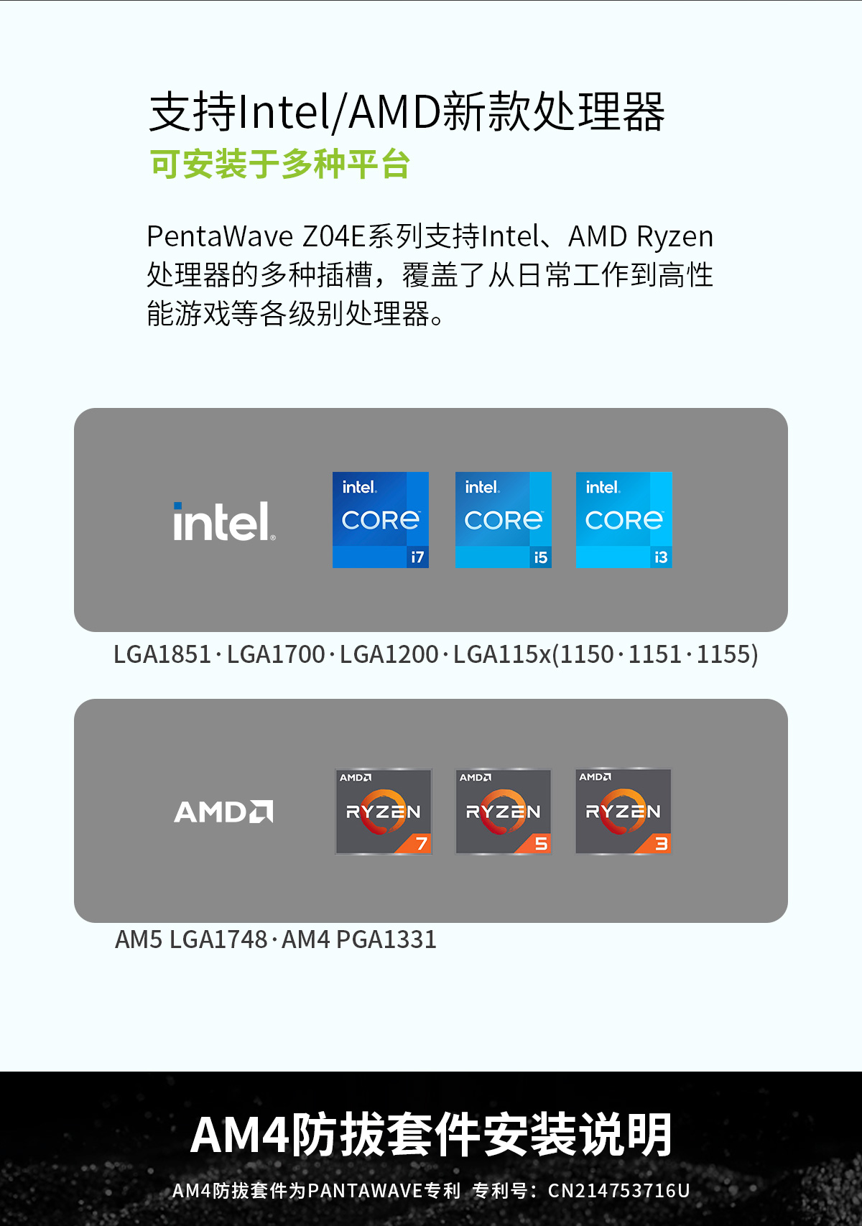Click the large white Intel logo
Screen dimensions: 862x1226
[224, 521]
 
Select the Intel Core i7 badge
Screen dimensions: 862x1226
[381, 519]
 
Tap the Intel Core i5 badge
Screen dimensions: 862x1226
[503, 519]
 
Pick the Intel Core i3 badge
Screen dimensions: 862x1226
[624, 519]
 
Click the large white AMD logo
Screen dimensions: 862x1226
[223, 811]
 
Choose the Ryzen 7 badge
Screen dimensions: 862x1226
[383, 811]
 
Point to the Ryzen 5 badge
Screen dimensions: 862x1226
[503, 811]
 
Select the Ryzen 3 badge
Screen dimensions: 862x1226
[624, 811]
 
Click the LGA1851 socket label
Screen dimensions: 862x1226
[162, 654]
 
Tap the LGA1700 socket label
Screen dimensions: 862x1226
[276, 654]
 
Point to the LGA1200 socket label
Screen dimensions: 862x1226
[389, 654]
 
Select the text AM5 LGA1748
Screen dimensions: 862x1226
[191, 939]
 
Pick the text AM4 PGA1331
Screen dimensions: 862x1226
[359, 939]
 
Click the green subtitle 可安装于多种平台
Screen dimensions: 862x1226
[279, 164]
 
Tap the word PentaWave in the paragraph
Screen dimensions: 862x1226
[220, 236]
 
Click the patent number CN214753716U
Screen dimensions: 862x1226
[619, 1190]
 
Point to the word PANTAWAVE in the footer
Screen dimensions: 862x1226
[365, 1190]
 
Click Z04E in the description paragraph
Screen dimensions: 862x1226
[334, 236]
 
